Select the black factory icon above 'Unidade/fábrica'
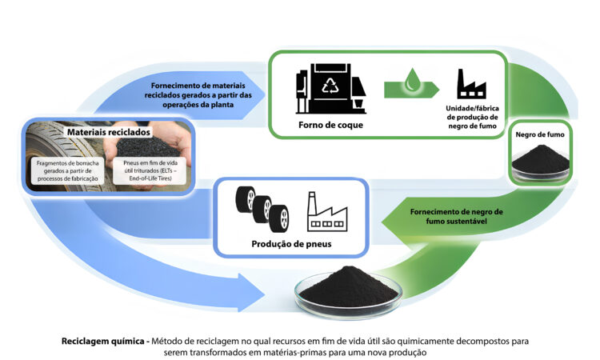click(x=472, y=84)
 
